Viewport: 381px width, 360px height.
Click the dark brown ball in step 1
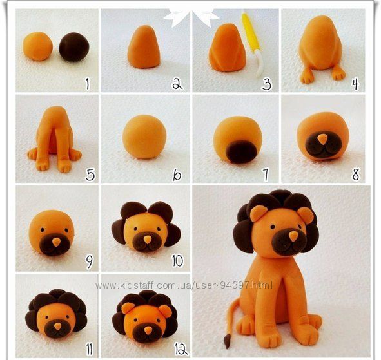click(x=74, y=47)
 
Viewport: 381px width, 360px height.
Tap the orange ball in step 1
click(x=37, y=46)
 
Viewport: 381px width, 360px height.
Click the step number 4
click(x=355, y=84)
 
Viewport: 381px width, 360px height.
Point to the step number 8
click(x=355, y=175)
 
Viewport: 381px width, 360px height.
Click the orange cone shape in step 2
click(x=144, y=47)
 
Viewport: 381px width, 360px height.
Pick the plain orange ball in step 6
click(x=144, y=137)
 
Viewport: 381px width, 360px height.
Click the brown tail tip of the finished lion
click(x=227, y=341)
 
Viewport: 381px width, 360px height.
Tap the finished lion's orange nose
click(x=293, y=236)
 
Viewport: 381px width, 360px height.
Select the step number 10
click(x=177, y=261)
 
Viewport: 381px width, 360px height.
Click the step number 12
click(x=181, y=350)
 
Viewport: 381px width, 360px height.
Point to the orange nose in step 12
click(x=148, y=330)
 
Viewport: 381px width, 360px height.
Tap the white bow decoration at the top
click(x=191, y=17)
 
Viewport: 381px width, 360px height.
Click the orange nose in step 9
click(x=56, y=242)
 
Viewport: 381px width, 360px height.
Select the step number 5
click(x=90, y=175)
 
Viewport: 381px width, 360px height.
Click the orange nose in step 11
click(x=57, y=327)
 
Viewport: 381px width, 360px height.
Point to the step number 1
click(x=88, y=84)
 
